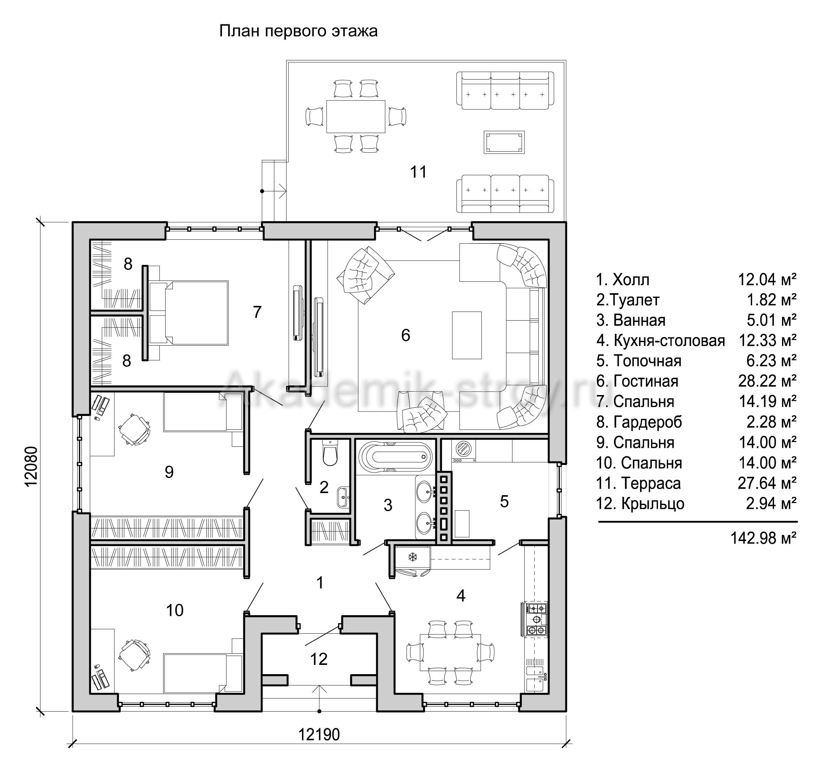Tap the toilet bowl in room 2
click(330, 453)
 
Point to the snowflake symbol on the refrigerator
click(413, 557)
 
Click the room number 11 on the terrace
click(418, 172)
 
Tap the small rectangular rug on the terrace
click(504, 142)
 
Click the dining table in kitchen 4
click(450, 652)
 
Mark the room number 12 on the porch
click(318, 659)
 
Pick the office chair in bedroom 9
click(134, 430)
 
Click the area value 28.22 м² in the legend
click(767, 381)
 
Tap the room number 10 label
click(175, 610)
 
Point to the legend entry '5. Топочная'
click(639, 360)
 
